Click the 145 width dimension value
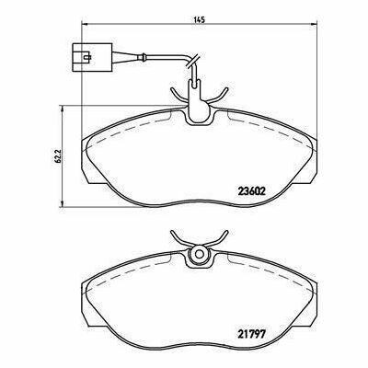pyautogui.click(x=199, y=20)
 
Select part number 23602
pyautogui.click(x=251, y=191)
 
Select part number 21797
pyautogui.click(x=251, y=332)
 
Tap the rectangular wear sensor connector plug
pyautogui.click(x=92, y=57)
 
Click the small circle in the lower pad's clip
pyautogui.click(x=199, y=254)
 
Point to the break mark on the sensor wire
pyautogui.click(x=191, y=62)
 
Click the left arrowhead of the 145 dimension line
pyautogui.click(x=84, y=25)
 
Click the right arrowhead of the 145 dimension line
pyautogui.click(x=314, y=25)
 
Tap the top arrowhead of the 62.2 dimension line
pyautogui.click(x=63, y=109)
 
